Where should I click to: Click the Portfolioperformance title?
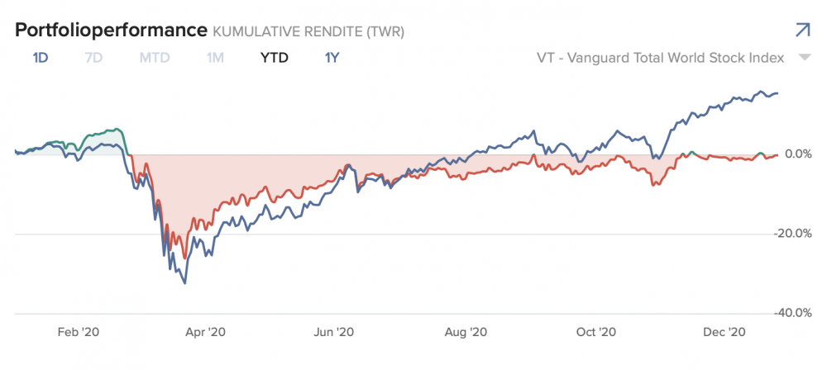pos(110,31)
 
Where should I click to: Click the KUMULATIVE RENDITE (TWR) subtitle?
pos(308,32)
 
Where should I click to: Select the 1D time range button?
pos(41,59)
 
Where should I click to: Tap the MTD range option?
pos(155,59)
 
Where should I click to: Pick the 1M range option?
pos(215,59)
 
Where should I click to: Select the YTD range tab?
pos(274,59)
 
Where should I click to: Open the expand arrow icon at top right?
pos(801,31)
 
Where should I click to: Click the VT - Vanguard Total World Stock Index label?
pos(659,59)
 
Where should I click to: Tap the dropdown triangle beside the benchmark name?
pos(804,59)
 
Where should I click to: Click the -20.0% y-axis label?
pos(792,234)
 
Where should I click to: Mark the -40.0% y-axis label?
pos(792,313)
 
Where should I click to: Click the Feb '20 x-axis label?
pos(79,332)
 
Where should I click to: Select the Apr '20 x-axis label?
pos(206,332)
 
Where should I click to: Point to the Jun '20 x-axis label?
pos(334,332)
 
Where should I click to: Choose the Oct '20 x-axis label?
pos(595,332)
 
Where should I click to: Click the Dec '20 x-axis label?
pos(725,332)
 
